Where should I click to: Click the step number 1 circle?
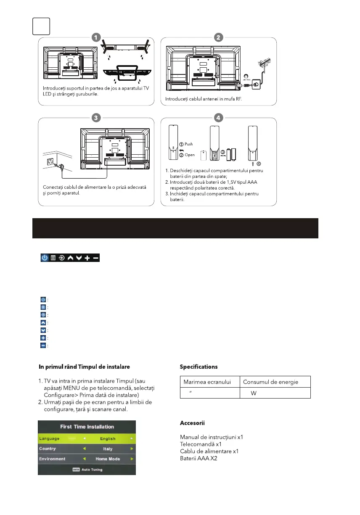96,37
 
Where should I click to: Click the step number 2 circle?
218,37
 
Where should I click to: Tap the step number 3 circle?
96,117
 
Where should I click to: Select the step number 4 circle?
218,117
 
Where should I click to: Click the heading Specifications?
199,367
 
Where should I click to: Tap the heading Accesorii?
192,423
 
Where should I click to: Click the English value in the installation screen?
108,438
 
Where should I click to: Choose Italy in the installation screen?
108,449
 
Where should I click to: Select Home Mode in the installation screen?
108,459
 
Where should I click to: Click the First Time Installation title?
87,427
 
